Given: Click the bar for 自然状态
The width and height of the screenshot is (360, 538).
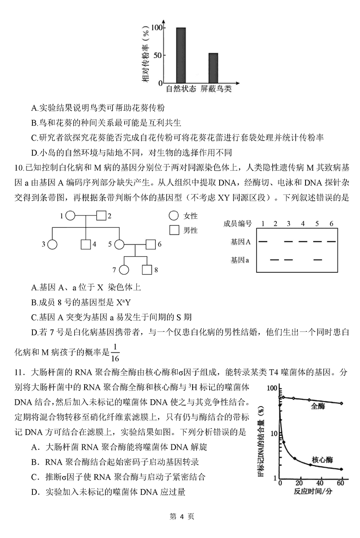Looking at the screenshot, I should click(180, 55).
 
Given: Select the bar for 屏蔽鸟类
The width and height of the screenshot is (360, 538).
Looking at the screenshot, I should click(213, 68).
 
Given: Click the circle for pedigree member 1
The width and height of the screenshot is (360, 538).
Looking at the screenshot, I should click(70, 216).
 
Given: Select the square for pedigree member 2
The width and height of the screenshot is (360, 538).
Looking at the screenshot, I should click(101, 216).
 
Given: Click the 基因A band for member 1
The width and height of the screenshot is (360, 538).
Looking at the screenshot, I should click(263, 242).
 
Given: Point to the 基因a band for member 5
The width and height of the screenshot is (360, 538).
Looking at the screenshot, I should click(318, 260).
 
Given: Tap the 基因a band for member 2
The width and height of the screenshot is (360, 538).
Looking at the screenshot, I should click(274, 260).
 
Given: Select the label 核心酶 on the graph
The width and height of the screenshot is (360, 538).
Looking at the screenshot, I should click(321, 460).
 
